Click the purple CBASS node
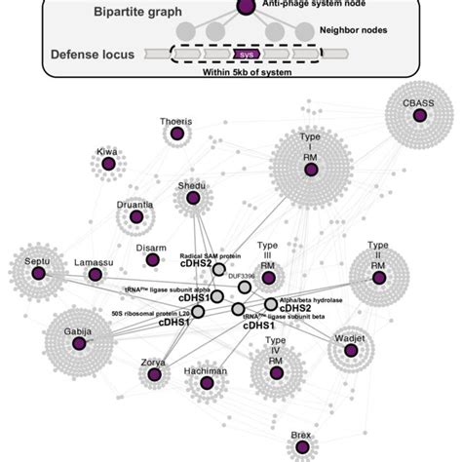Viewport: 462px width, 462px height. [x=419, y=116]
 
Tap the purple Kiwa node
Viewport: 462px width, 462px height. [x=108, y=166]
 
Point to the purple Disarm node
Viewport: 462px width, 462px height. [x=152, y=260]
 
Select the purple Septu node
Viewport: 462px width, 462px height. [x=38, y=274]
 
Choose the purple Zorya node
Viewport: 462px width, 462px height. [x=153, y=376]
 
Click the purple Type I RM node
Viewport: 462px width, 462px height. [x=311, y=170]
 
